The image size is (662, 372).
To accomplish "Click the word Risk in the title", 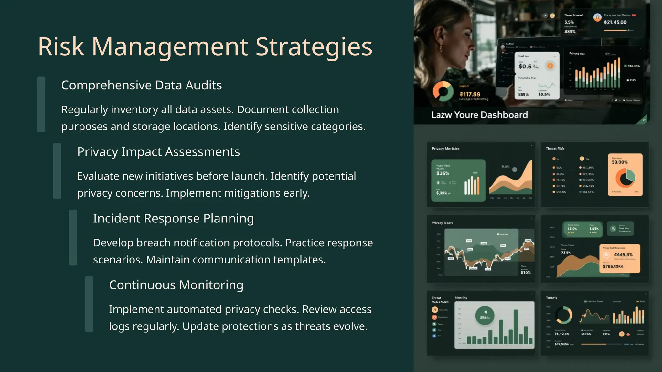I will click(61, 46).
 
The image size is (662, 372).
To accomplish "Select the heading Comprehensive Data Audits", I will click(141, 85).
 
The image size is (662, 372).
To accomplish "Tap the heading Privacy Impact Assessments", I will click(158, 152).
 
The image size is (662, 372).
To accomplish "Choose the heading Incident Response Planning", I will click(173, 218).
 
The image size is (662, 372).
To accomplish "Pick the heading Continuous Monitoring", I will click(176, 285).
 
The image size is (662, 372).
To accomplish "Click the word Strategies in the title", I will click(314, 46).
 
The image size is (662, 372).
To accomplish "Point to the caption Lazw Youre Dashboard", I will click(479, 115).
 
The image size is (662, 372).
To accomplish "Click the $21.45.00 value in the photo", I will click(615, 22).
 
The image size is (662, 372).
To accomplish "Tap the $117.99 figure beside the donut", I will click(470, 94).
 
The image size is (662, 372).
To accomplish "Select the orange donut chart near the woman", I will click(443, 91).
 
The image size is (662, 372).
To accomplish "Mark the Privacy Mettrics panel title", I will click(445, 149).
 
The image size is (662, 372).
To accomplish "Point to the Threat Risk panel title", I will click(555, 149).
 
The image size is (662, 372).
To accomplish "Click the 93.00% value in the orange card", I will click(619, 162).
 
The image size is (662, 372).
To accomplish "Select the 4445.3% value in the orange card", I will click(623, 255).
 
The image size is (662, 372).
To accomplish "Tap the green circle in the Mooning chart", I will click(485, 315).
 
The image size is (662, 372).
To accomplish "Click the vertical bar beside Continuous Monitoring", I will click(89, 304).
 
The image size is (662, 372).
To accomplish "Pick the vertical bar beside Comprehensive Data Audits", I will click(41, 104).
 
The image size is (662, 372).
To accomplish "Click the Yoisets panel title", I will click(551, 298).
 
